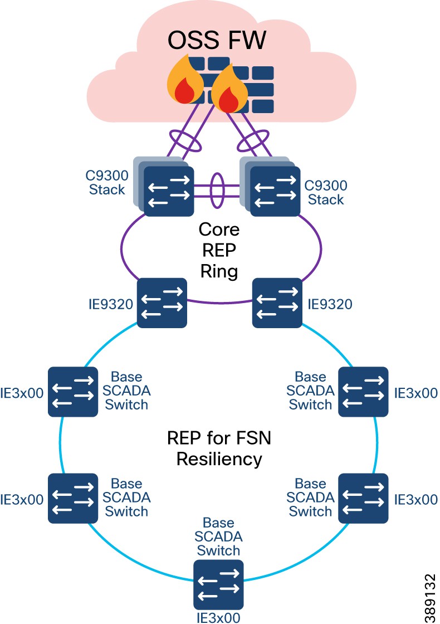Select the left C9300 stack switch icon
point(168,190)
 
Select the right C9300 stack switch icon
point(275,190)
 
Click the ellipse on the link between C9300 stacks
point(217,191)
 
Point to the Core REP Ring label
point(218,250)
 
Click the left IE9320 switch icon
point(162,303)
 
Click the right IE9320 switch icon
point(277,303)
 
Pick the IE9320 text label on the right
point(330,305)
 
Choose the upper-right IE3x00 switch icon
point(364,391)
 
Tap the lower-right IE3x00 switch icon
point(364,498)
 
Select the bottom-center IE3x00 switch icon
point(218,584)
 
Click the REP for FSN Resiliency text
point(218,448)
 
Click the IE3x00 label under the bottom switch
point(218,617)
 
